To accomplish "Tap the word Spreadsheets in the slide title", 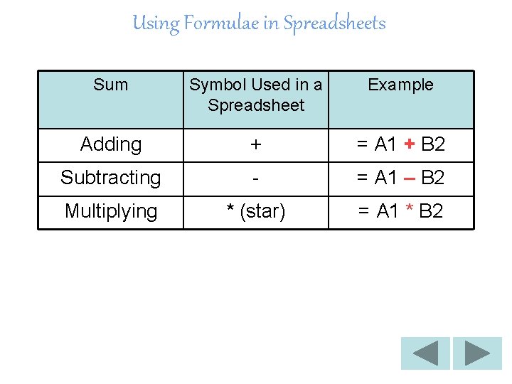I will click(334, 23).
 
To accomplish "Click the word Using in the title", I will click(156, 23).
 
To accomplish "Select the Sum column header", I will click(111, 85).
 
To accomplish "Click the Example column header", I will click(400, 85).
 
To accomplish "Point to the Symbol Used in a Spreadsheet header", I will click(256, 95).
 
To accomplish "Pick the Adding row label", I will click(111, 144).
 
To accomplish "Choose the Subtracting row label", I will click(111, 177).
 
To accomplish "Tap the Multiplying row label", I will click(111, 211).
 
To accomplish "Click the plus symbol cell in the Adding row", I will click(256, 144).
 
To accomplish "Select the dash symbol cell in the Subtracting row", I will click(256, 178).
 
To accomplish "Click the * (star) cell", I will click(256, 211).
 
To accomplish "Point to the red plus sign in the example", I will click(409, 144).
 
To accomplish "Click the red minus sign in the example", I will click(409, 178).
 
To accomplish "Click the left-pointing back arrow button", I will click(425, 353).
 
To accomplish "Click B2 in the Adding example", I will click(433, 144).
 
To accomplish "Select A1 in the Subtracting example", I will click(386, 177).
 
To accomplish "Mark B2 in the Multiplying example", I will click(431, 211).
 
